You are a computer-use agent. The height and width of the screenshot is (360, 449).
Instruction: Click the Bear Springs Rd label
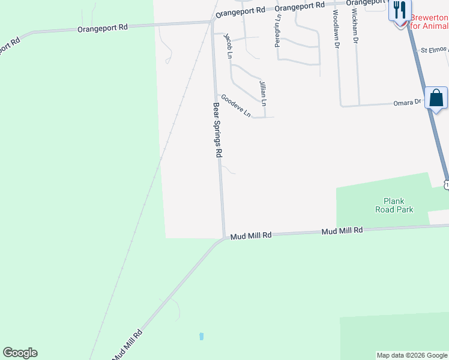(x=217, y=130)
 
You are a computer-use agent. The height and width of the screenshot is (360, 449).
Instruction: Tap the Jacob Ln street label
(x=228, y=46)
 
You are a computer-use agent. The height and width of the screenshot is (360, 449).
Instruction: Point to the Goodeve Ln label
(x=235, y=105)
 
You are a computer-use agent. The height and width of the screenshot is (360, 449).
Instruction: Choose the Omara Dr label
(x=408, y=103)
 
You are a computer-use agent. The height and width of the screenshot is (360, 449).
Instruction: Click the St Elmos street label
(x=434, y=50)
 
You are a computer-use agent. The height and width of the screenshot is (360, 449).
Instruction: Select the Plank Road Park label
(x=394, y=205)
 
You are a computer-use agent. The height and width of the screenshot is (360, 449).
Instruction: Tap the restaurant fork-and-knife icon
(x=400, y=10)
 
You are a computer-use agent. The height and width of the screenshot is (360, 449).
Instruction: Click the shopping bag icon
(x=436, y=98)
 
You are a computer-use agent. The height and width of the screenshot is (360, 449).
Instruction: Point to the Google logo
(x=20, y=353)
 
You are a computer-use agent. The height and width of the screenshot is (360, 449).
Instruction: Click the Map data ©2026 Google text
(x=412, y=355)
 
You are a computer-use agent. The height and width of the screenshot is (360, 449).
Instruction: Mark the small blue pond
(x=201, y=336)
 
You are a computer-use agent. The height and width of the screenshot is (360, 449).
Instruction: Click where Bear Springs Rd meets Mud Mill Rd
(x=224, y=237)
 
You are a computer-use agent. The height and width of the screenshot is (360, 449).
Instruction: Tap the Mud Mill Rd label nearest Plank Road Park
(x=342, y=230)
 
